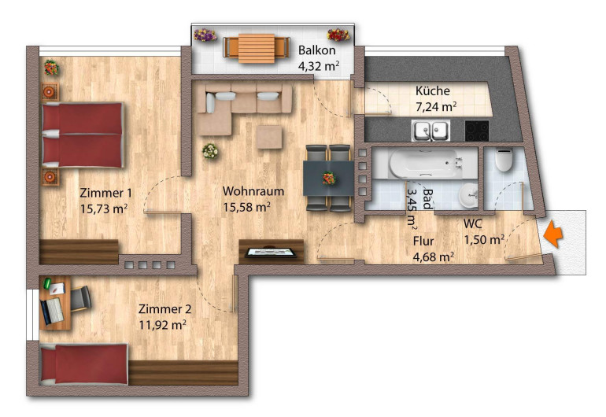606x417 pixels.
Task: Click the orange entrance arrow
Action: (553, 234)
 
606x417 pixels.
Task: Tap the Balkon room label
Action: (316, 50)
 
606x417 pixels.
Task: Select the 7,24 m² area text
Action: (436, 106)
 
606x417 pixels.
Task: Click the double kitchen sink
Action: (430, 131)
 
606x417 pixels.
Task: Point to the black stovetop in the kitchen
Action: (477, 131)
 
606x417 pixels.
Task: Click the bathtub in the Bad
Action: (427, 164)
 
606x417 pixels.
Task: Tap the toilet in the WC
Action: (504, 160)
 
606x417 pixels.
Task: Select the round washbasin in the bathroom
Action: (468, 195)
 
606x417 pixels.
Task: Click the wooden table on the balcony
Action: (257, 48)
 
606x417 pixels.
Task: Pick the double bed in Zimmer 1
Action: (83, 135)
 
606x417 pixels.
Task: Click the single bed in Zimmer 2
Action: (84, 364)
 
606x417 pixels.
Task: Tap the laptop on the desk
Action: (52, 311)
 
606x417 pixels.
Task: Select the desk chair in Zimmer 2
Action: (80, 298)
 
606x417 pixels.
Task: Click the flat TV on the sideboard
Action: (272, 253)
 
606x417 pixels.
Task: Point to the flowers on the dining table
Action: (329, 178)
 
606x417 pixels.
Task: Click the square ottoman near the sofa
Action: (269, 137)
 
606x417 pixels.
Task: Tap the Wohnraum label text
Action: (253, 191)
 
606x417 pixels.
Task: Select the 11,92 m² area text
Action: (162, 325)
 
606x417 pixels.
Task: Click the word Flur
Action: (423, 242)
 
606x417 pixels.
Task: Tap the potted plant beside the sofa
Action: (210, 151)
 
